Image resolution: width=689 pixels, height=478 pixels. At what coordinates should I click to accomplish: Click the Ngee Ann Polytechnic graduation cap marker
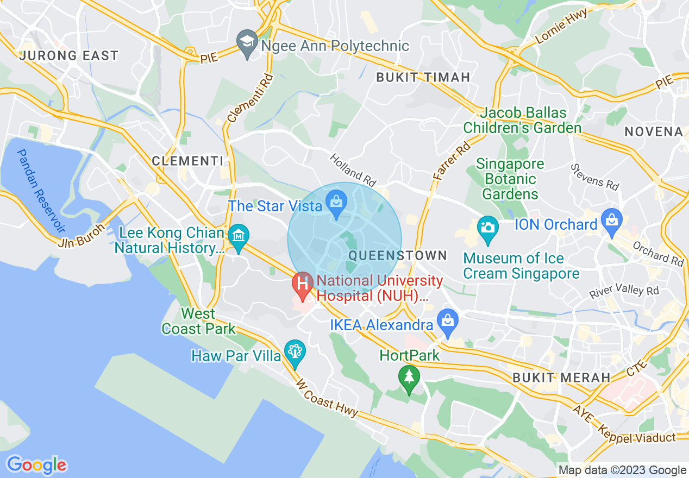point(248,42)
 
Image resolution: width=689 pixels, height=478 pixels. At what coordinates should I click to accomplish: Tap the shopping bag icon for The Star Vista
point(337,204)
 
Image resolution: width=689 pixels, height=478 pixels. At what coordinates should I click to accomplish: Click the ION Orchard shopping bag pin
point(612,222)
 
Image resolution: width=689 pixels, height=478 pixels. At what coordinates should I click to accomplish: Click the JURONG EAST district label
point(68,55)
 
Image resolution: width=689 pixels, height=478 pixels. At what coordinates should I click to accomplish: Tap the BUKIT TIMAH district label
point(423,77)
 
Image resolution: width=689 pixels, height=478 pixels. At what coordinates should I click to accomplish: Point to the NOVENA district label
point(653,131)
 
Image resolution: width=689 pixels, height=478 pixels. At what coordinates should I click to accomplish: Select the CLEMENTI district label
point(187,161)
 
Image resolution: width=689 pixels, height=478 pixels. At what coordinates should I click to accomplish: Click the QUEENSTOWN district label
point(398,255)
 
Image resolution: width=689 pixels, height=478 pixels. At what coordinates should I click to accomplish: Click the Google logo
point(36,465)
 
